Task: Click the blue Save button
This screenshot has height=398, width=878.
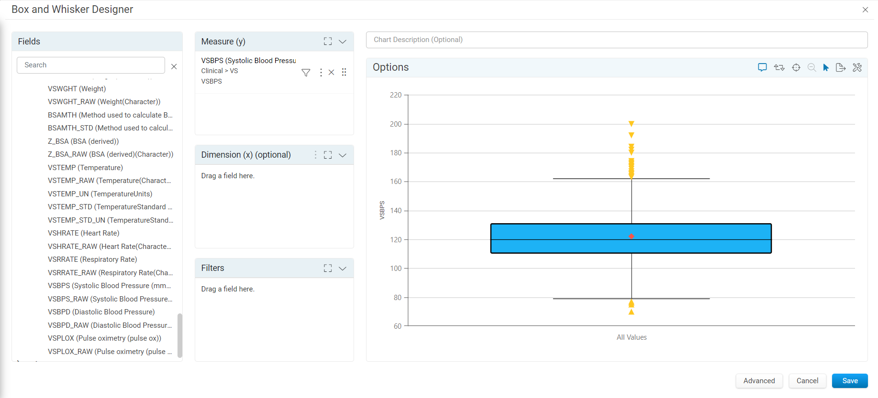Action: click(x=850, y=381)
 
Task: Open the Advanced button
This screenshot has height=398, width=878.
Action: click(x=759, y=381)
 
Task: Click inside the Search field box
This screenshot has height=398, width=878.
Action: click(x=91, y=65)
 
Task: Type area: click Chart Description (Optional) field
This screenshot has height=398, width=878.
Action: click(x=617, y=40)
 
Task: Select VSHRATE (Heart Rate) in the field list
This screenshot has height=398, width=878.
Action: click(x=84, y=233)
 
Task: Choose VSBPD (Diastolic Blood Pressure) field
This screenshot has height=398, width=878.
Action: click(x=101, y=312)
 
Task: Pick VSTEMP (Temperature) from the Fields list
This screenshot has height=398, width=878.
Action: click(x=86, y=168)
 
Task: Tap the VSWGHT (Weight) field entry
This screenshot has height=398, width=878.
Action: click(x=77, y=89)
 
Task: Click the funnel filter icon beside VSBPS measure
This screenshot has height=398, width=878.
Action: click(x=306, y=73)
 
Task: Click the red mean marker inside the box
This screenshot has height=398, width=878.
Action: click(x=632, y=237)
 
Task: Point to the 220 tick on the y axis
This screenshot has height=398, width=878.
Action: click(x=396, y=95)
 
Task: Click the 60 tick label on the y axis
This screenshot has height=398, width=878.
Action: click(x=398, y=326)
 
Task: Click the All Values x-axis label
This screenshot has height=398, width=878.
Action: click(x=632, y=337)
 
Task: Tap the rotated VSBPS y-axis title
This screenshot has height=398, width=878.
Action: click(x=382, y=210)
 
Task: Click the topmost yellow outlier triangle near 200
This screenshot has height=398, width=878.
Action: click(x=632, y=124)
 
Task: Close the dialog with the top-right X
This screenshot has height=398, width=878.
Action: click(x=865, y=10)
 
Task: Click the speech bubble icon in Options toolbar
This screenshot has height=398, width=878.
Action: click(x=762, y=67)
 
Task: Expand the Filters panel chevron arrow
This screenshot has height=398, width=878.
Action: click(x=343, y=269)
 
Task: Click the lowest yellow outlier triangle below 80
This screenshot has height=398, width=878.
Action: click(x=632, y=312)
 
